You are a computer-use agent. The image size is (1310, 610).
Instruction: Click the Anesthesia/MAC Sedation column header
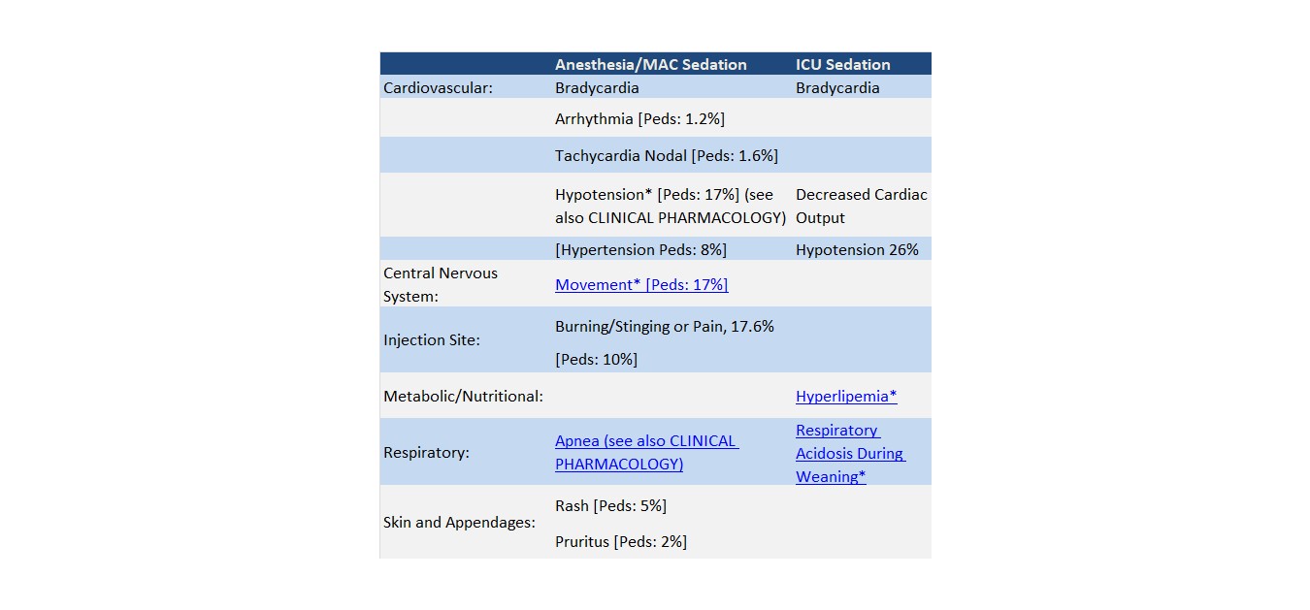coord(650,65)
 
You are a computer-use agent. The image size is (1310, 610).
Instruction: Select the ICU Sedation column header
coord(842,65)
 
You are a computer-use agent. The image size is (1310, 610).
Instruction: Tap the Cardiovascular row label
coord(438,88)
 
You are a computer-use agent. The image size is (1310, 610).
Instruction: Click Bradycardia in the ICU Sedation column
coord(837,88)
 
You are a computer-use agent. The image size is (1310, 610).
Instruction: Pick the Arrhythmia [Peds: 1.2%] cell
coord(639,119)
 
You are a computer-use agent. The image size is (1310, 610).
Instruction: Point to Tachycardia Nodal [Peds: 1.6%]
coord(666,155)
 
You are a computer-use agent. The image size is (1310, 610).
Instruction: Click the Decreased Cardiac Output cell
coord(861,206)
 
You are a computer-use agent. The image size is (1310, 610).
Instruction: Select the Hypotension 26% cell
coord(857,250)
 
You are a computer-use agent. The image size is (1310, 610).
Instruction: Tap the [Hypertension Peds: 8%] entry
coord(640,250)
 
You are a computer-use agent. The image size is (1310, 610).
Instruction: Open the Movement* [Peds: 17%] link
coord(641,285)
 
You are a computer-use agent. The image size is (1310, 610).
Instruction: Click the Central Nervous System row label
coord(440,284)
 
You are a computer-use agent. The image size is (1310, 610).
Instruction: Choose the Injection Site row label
coord(432,340)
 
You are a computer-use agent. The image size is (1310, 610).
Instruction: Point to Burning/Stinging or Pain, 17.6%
coord(664,327)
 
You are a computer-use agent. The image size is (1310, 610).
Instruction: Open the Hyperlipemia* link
coord(846,397)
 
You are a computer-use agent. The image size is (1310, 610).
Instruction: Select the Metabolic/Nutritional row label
coord(463,397)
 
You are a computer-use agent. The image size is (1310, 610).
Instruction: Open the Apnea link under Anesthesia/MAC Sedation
coord(646,452)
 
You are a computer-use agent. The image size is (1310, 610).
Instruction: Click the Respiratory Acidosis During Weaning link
coord(849,453)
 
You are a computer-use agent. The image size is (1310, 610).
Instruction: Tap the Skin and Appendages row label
coord(459,523)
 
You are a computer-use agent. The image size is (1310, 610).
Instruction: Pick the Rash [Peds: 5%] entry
coord(610,506)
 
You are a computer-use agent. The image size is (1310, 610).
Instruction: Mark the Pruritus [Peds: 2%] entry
coord(620,542)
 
